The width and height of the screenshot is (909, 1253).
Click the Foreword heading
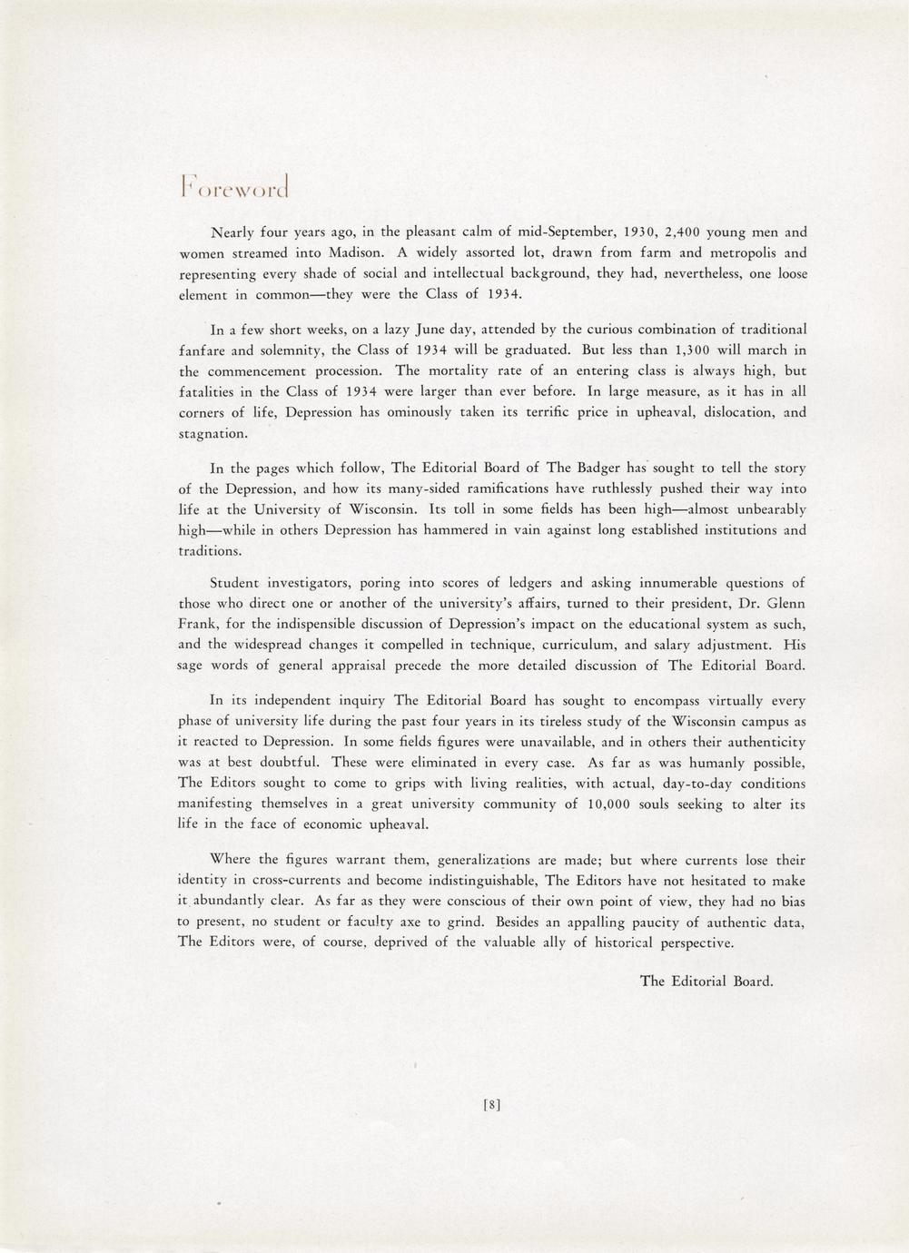[x=235, y=183]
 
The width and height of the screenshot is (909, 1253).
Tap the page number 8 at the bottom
[x=491, y=1105]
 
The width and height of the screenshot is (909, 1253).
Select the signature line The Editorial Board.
[x=706, y=981]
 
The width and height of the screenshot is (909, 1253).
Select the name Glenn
[x=786, y=603]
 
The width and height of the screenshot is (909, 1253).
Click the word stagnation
[x=212, y=434]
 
